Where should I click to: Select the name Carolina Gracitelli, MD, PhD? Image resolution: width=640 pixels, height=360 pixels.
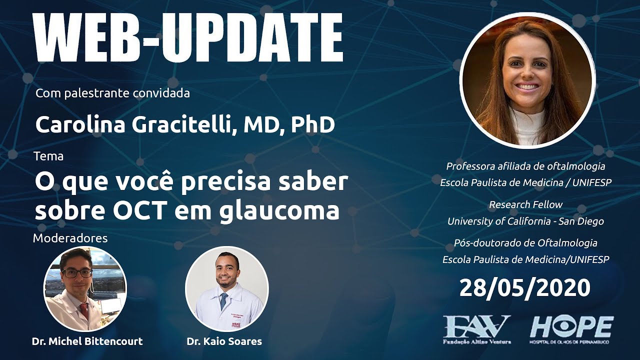coord(185,125)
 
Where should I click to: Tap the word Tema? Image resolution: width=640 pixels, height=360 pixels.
coord(48,156)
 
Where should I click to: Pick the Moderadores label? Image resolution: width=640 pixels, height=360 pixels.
coord(70,238)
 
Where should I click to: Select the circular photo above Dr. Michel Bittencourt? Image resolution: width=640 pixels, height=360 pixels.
coord(85,289)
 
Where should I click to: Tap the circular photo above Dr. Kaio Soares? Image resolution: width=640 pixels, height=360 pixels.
coord(226,289)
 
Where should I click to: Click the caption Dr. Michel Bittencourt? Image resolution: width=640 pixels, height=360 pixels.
coord(87,341)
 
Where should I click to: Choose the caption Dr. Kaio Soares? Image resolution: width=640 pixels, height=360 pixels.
coord(224,341)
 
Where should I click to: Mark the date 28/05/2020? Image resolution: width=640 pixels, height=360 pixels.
coord(524,288)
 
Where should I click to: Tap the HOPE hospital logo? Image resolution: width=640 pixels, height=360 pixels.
coord(571,328)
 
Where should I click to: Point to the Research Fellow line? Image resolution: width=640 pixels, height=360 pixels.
coord(525,204)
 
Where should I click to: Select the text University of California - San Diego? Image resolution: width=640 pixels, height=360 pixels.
coord(525,221)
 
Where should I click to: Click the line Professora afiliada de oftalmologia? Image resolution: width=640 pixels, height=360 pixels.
coord(525,166)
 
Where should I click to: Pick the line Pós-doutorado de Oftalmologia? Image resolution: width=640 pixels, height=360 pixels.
coord(525,243)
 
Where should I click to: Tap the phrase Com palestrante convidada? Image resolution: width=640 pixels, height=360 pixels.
coord(113,93)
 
